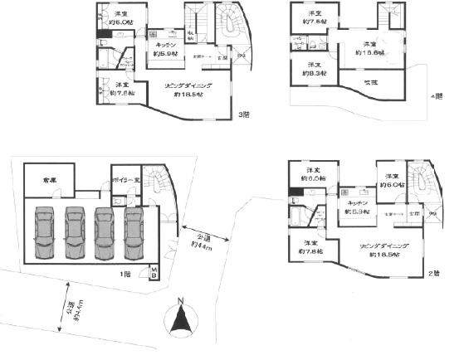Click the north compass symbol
[x=180, y=319]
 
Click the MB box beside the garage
[x=154, y=272]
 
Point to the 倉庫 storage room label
[x=38, y=179]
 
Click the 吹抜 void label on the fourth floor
[x=370, y=82]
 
